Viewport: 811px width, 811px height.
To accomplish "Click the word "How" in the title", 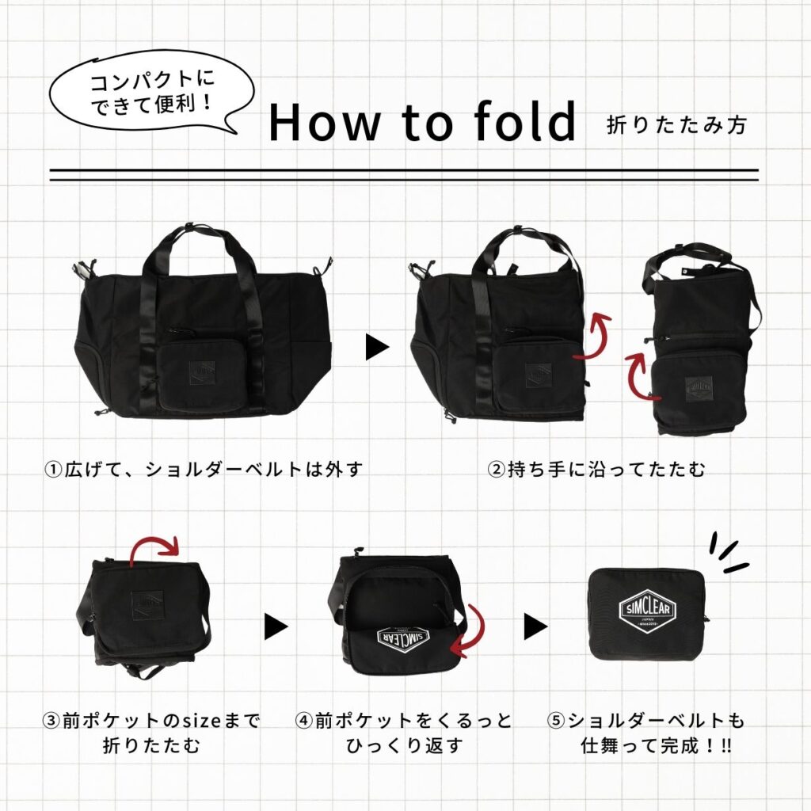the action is point(324,122).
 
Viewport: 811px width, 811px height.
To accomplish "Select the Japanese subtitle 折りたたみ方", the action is point(676,125).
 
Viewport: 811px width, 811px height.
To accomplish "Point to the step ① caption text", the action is point(204,469).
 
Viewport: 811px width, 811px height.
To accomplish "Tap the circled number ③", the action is point(51,720).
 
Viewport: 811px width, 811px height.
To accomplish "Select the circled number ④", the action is point(304,720).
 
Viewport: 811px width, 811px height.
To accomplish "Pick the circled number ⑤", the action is point(556,720).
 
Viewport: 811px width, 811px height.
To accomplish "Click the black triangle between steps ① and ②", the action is point(377,347).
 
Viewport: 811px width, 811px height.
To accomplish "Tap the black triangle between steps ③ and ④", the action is point(276,626).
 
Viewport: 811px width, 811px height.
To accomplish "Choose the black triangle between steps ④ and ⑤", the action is point(535,626).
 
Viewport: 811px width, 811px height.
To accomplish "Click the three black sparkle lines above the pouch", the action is point(727,553).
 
